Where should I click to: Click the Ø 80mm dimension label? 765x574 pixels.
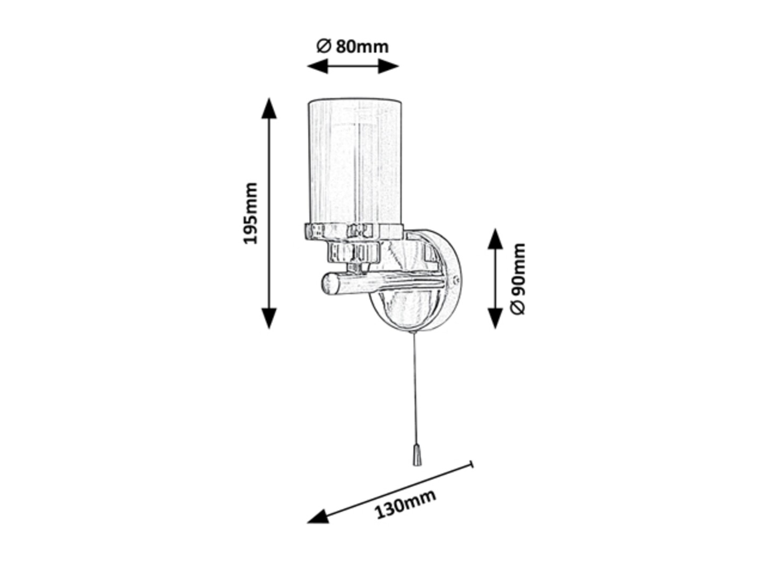[352, 47]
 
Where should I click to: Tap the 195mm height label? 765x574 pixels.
[250, 213]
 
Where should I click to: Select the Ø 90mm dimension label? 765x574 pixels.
[517, 279]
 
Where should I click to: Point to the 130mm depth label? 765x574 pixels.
[405, 504]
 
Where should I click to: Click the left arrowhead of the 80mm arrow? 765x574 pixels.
[318, 66]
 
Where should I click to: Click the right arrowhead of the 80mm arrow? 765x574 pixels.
[388, 66]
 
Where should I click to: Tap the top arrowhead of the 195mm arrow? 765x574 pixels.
[269, 108]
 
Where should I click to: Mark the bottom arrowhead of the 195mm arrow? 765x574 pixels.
[269, 318]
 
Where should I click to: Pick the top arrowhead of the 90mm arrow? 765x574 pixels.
[495, 239]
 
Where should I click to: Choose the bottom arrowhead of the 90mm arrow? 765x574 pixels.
[495, 318]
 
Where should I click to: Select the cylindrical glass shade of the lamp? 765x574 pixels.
[354, 161]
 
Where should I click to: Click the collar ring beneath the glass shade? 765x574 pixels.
[354, 232]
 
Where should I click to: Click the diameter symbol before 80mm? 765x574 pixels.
[323, 46]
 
